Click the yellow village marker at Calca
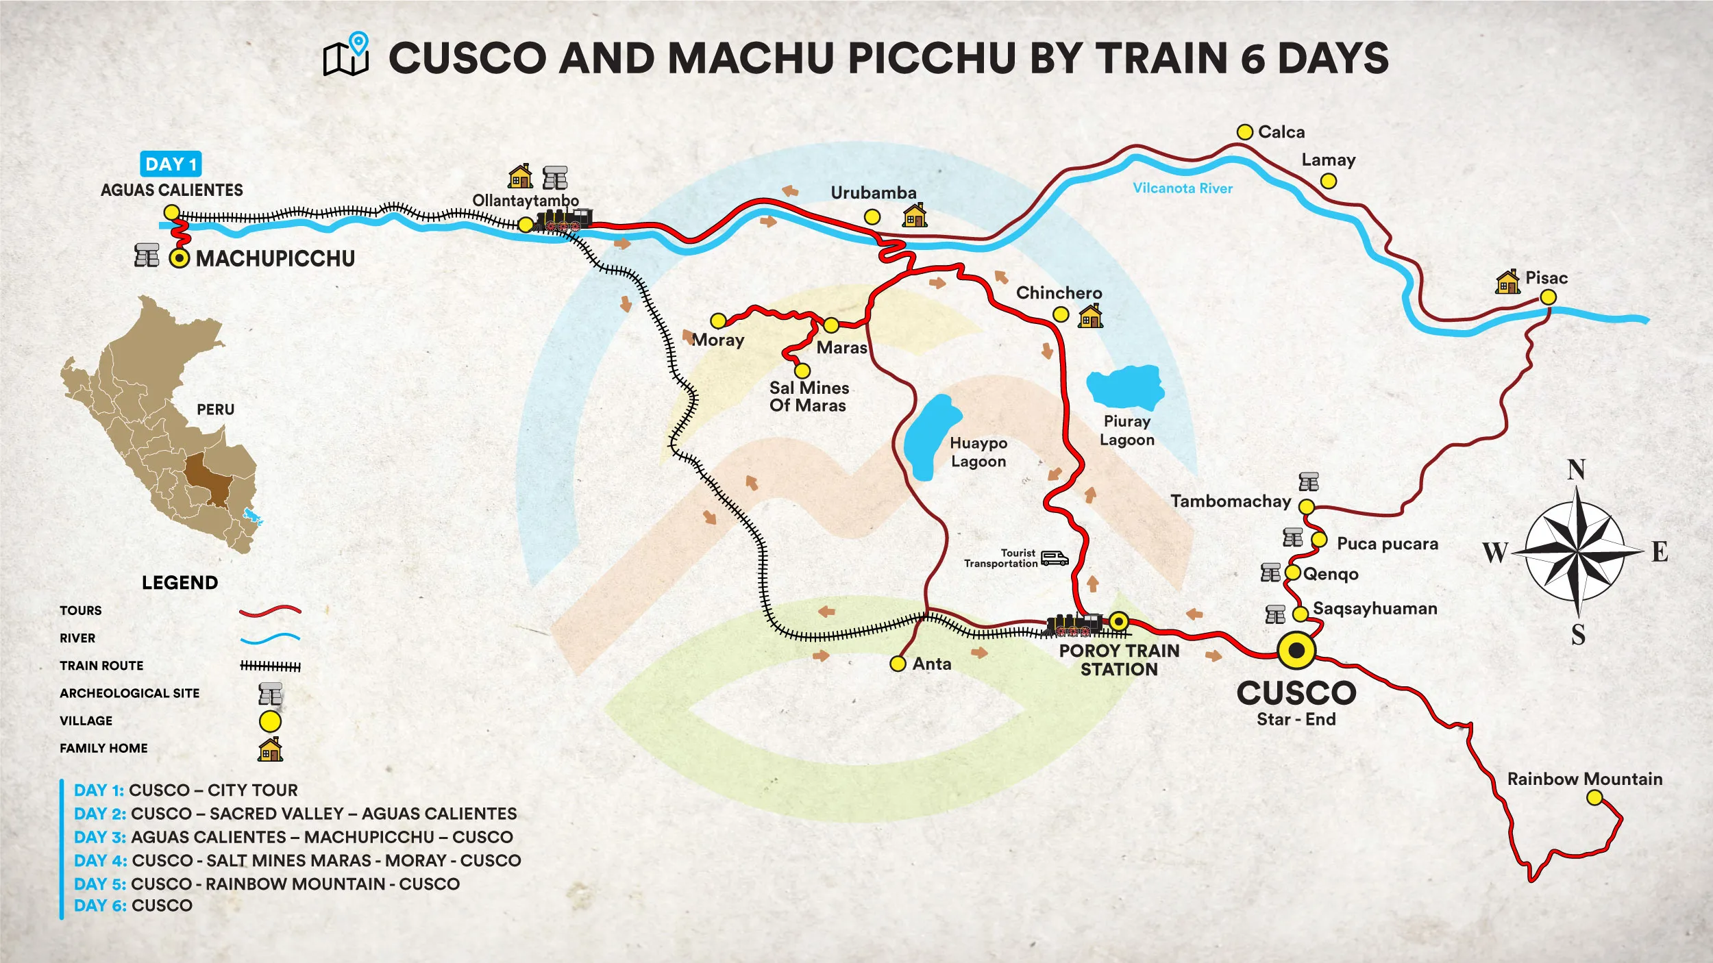pyautogui.click(x=1244, y=132)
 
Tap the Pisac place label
pyautogui.click(x=1546, y=278)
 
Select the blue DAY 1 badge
pyautogui.click(x=171, y=164)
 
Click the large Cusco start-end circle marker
pyautogui.click(x=1296, y=650)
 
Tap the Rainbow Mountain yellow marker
pyautogui.click(x=1594, y=797)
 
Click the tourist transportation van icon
pyautogui.click(x=1054, y=558)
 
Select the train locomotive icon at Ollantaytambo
pyautogui.click(x=563, y=220)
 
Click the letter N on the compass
pyautogui.click(x=1576, y=470)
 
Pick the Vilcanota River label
pyautogui.click(x=1182, y=188)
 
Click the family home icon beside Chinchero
pyautogui.click(x=1090, y=316)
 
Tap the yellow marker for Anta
pyautogui.click(x=898, y=663)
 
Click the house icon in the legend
pyautogui.click(x=270, y=749)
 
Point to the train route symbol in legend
pyautogui.click(x=270, y=666)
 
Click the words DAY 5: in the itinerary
pyautogui.click(x=100, y=884)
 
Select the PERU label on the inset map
pyautogui.click(x=215, y=410)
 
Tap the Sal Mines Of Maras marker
pyautogui.click(x=802, y=371)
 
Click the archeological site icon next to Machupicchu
pyautogui.click(x=147, y=255)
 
